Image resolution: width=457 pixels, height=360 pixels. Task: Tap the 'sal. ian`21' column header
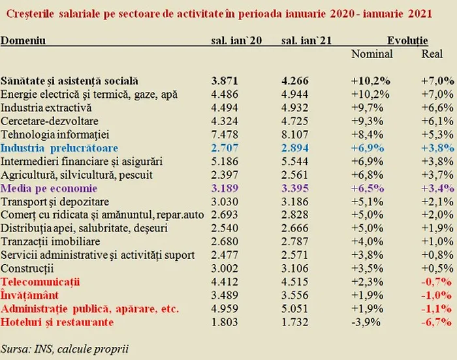click(x=306, y=40)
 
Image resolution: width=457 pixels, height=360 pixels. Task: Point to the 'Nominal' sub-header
click(x=371, y=54)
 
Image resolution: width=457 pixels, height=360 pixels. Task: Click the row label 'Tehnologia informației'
click(x=54, y=134)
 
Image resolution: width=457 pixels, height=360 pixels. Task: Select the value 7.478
click(x=227, y=134)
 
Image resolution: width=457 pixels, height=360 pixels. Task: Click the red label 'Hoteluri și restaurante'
click(x=57, y=322)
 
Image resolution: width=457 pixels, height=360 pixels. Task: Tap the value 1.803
click(x=227, y=322)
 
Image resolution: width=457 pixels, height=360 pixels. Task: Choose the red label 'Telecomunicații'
click(x=40, y=282)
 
